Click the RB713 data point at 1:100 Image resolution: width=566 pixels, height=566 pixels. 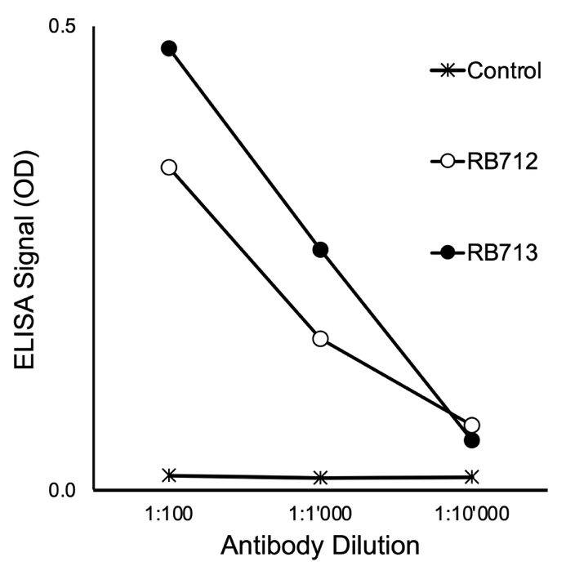pos(169,48)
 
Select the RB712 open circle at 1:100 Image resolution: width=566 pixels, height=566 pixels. pos(169,167)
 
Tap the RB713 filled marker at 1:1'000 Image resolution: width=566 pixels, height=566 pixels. pos(320,249)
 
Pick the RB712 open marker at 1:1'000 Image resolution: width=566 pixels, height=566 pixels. pos(320,338)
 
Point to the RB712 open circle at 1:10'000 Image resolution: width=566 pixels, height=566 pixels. pos(471,425)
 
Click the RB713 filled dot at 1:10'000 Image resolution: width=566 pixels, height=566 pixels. pos(471,440)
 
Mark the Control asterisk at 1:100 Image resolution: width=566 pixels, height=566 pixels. pos(169,475)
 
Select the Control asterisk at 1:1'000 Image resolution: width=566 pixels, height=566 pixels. pos(320,477)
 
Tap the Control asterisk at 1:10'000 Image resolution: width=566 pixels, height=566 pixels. pos(471,476)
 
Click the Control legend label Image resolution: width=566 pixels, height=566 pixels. pos(505,72)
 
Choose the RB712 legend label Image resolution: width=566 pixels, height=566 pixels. pos(502,162)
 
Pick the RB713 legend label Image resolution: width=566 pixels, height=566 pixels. pos(502,252)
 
